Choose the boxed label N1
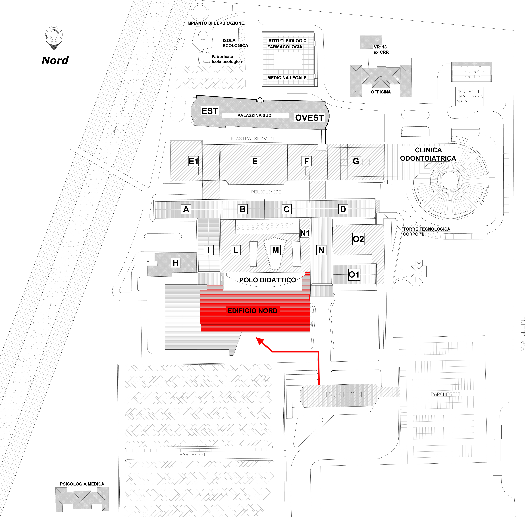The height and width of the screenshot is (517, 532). pos(305,233)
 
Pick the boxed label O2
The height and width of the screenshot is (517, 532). pos(358,239)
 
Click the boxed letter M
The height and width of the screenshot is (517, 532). pos(275,250)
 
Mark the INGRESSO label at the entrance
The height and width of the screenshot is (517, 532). pos(344,394)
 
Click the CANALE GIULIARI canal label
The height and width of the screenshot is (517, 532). pos(120,116)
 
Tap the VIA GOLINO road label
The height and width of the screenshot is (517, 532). pos(523,333)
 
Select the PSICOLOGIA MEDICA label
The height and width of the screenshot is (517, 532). pos(82,484)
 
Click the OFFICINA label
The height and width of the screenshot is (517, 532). pos(381,92)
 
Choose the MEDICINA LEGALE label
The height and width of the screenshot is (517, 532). pos(287,78)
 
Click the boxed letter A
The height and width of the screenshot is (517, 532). pos(186,209)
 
